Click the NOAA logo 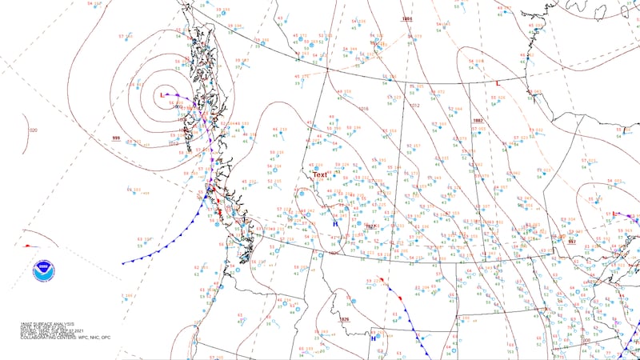[x=43, y=270]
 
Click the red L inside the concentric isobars [x=162, y=95]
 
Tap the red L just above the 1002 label [x=498, y=83]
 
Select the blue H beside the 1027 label [x=335, y=225]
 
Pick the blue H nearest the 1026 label [x=372, y=338]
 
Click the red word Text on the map [x=319, y=174]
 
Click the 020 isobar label [x=33, y=130]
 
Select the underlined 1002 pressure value [x=478, y=120]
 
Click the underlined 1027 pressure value [x=370, y=226]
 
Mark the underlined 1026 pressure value [x=345, y=320]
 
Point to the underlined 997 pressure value [x=571, y=240]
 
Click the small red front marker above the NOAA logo [x=28, y=246]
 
